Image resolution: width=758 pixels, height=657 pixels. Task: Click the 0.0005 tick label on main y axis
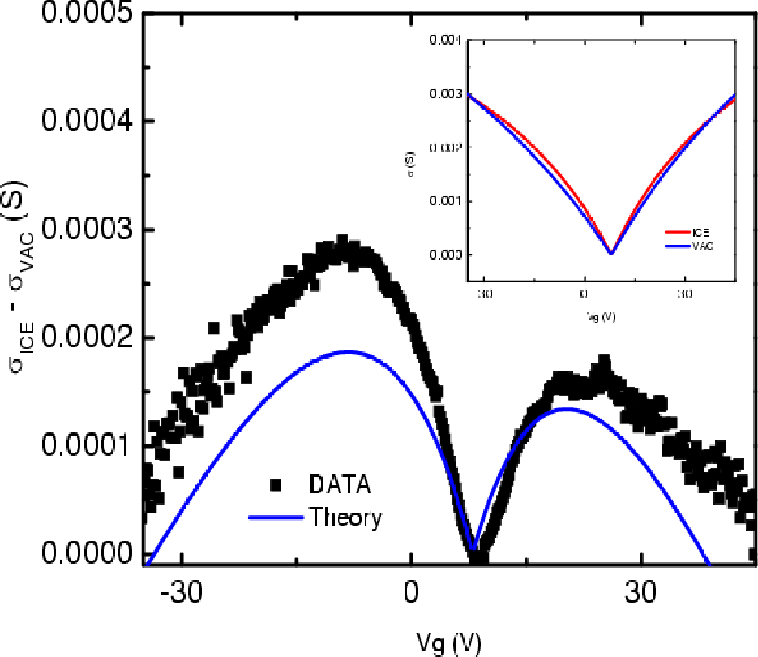[87, 12]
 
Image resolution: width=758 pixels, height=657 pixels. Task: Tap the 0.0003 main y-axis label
[87, 229]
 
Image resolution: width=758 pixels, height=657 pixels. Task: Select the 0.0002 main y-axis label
[87, 337]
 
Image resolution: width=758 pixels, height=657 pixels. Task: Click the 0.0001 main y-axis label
[87, 444]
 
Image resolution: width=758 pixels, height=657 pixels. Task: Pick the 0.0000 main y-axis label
[87, 552]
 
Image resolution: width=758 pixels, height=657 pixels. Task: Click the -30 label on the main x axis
[182, 591]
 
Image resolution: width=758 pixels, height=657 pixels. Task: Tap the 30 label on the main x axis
[640, 591]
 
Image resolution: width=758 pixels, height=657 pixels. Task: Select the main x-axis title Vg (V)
[448, 642]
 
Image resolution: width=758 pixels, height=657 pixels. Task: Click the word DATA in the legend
[340, 484]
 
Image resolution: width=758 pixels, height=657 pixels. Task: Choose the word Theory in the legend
[345, 517]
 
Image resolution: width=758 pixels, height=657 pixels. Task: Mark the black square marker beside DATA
[276, 485]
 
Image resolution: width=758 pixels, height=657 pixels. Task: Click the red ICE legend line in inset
[678, 232]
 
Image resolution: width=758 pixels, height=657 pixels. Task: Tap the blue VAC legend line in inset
[678, 247]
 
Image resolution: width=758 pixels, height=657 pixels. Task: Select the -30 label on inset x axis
[483, 294]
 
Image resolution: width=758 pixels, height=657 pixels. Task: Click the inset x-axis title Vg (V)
[601, 317]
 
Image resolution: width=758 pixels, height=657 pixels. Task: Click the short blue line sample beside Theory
[276, 517]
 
